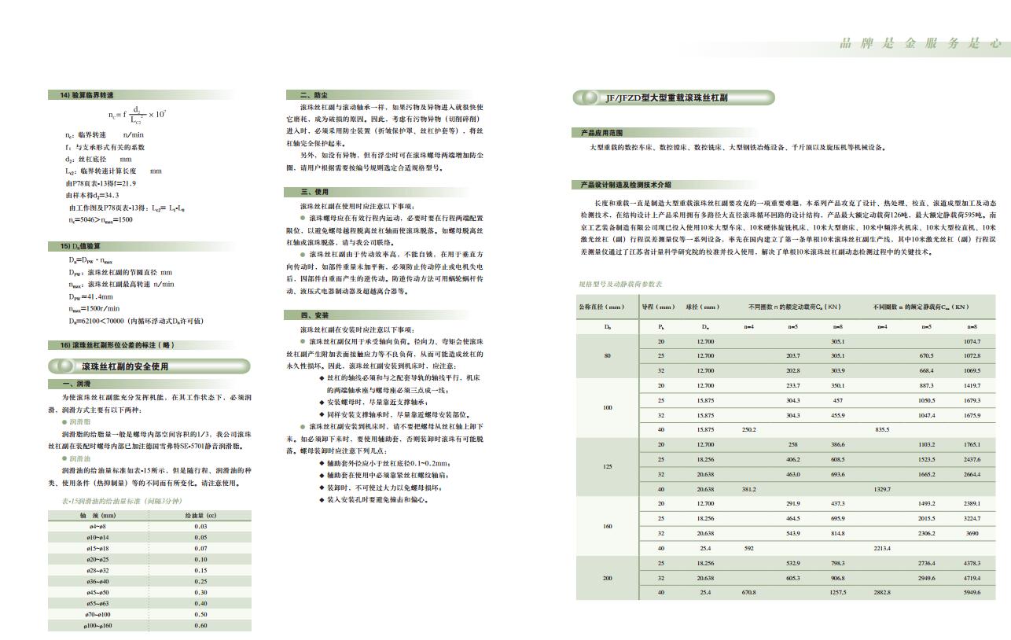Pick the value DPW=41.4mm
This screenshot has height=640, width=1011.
click(91, 296)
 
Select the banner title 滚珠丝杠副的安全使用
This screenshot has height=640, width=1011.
click(125, 366)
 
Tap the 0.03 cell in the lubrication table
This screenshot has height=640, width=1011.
click(200, 526)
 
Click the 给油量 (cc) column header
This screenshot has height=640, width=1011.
click(200, 515)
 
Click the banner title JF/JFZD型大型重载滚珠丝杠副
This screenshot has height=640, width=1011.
click(666, 98)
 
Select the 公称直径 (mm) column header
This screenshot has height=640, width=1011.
click(601, 307)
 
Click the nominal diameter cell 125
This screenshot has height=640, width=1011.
click(607, 467)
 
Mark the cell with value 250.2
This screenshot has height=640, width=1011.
click(748, 429)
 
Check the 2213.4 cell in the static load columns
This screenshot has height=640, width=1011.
click(882, 548)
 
